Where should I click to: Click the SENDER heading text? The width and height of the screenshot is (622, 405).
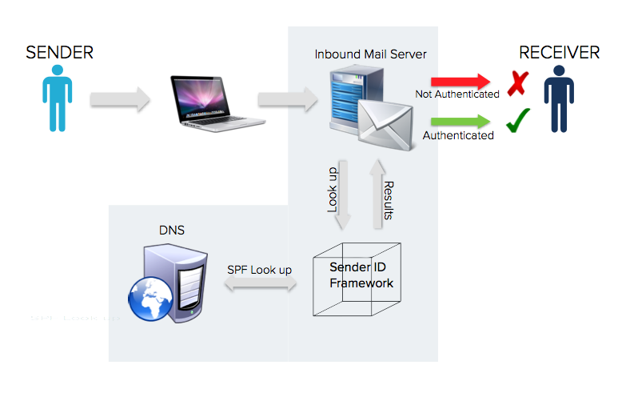click(59, 53)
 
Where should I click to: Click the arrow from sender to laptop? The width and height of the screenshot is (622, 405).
click(120, 100)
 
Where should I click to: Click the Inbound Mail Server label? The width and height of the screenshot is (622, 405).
click(370, 54)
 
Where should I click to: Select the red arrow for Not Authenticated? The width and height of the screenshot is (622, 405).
click(460, 81)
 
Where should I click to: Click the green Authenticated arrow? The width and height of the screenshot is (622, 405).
click(460, 122)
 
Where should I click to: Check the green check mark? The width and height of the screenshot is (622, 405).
click(519, 121)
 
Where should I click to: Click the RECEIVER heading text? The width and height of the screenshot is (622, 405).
click(559, 53)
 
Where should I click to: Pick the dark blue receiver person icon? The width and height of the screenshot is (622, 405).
click(559, 100)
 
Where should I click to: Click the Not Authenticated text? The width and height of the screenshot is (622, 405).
click(457, 94)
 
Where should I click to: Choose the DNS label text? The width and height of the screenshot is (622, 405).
click(171, 231)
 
